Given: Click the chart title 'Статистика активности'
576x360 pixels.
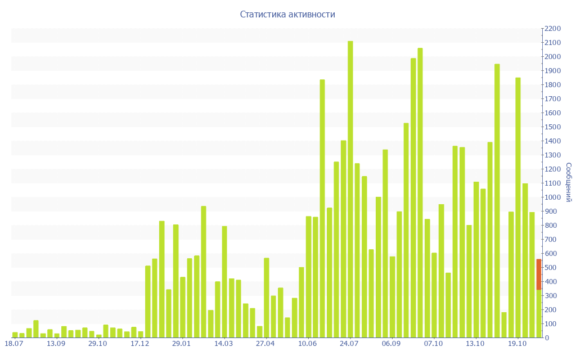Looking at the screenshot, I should point(287,14).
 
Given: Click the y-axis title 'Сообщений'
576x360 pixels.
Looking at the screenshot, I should point(569,182).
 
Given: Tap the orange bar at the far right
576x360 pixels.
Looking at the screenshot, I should point(538,274).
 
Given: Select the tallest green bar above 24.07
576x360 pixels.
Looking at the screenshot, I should point(350,189).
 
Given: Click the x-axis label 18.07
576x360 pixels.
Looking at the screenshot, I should point(13,343).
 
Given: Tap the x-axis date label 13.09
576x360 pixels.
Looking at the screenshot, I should point(56,343).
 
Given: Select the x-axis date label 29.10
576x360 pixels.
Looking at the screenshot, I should point(98,343).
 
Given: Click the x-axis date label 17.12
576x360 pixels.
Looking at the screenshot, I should point(139,343).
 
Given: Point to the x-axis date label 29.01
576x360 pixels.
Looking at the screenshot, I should point(181,343).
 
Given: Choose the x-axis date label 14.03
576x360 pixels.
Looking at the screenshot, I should point(223,343).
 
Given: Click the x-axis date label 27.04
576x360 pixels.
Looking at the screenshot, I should point(265,343).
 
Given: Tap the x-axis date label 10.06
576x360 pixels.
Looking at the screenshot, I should point(307,343).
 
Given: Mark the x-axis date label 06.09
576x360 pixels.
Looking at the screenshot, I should point(391,343).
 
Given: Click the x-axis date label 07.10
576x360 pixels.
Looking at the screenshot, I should point(433,343).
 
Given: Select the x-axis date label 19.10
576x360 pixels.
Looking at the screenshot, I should point(517,343).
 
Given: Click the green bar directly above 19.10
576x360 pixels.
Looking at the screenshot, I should point(518,208).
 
